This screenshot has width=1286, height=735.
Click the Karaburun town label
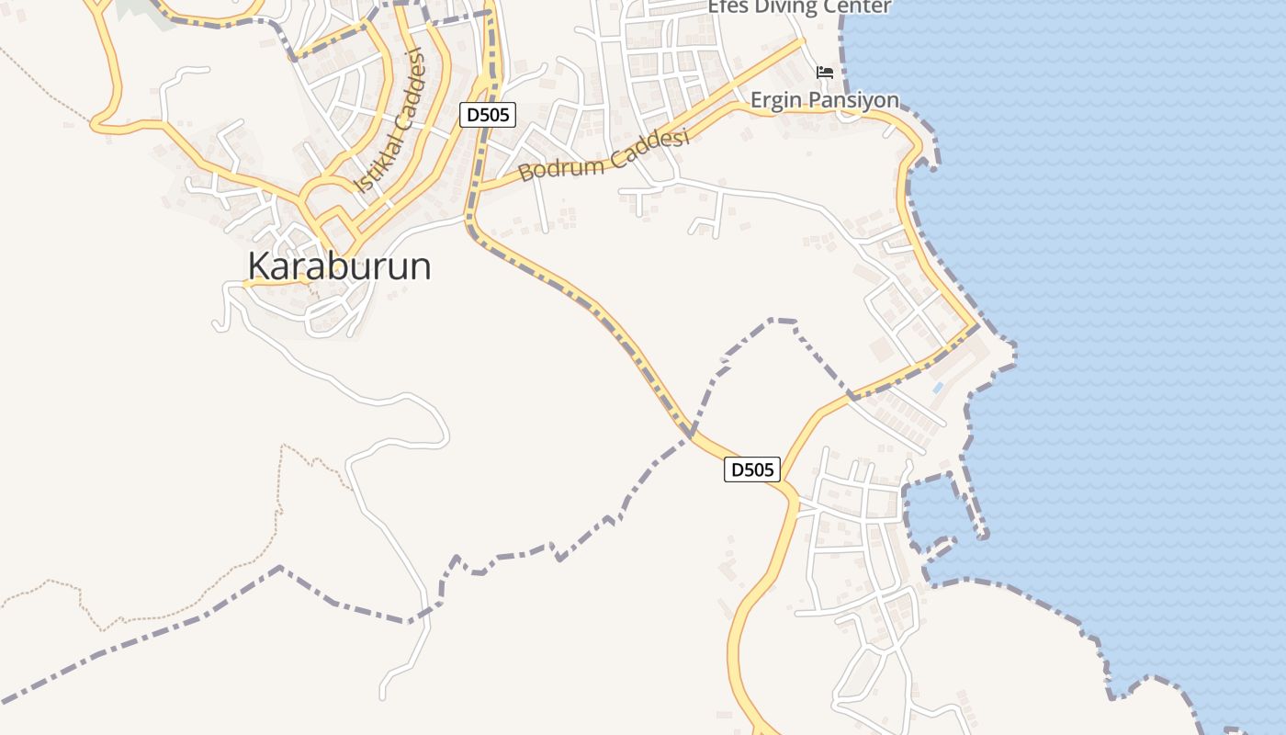(339, 266)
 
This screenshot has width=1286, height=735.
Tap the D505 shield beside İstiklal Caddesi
(488, 115)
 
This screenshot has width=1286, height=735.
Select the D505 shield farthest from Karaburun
(752, 469)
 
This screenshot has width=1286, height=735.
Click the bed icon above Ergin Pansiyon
(825, 73)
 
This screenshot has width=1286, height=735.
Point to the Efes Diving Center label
(799, 7)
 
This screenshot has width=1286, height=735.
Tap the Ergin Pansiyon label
(824, 99)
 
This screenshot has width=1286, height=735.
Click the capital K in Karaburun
(259, 266)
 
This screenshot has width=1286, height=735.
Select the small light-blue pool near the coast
(937, 388)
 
